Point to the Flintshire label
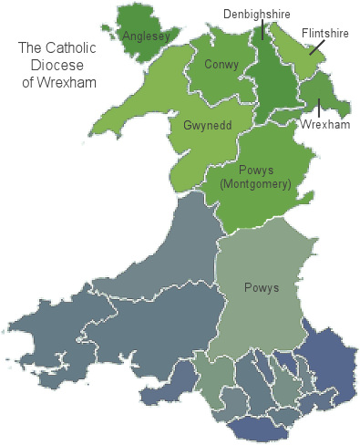coord(326,32)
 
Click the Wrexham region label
coord(325,124)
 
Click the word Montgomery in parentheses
coord(256,184)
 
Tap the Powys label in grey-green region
coord(261,288)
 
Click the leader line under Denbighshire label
coord(262,30)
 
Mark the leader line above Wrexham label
coord(319,107)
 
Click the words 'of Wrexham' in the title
coord(59,83)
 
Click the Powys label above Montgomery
coord(257,171)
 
